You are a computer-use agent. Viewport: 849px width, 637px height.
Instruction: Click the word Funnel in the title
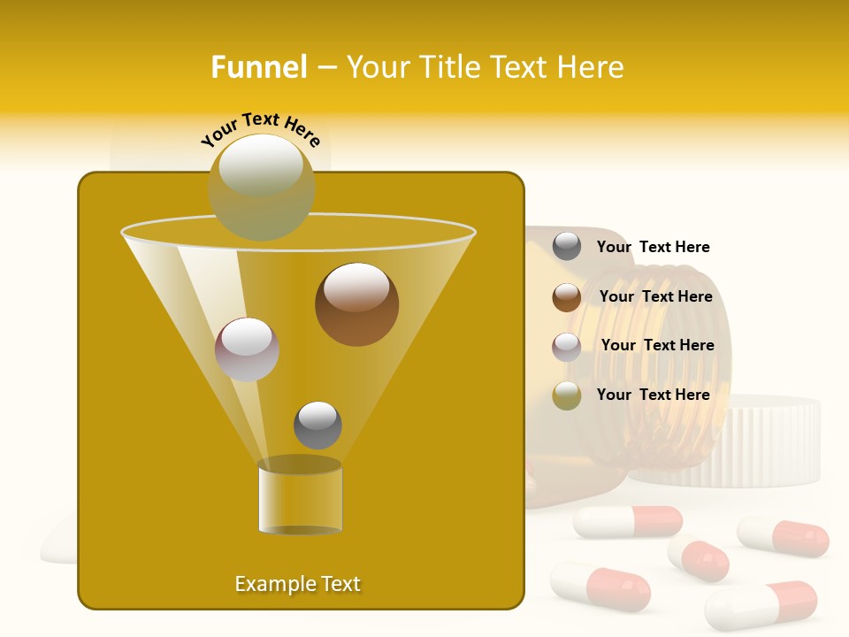[258, 67]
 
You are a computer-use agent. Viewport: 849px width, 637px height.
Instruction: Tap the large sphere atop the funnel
[261, 187]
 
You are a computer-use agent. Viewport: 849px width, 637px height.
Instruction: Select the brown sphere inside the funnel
[356, 304]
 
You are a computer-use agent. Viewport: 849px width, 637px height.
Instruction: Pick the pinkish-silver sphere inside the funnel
[247, 349]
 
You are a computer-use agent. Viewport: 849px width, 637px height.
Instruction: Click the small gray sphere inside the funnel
[317, 425]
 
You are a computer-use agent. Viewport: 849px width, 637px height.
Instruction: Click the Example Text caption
[297, 584]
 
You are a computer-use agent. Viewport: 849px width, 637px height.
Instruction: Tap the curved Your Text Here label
[260, 129]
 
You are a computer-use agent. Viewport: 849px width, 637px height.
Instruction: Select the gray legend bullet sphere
[567, 247]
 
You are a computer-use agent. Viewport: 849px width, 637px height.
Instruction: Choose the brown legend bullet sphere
[567, 297]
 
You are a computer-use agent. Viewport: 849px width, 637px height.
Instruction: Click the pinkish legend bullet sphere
[567, 346]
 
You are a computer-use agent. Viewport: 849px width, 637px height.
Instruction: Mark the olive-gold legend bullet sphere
[567, 395]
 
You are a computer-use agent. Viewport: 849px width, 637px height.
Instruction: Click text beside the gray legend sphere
[653, 247]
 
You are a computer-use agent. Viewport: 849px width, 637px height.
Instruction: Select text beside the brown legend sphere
[655, 296]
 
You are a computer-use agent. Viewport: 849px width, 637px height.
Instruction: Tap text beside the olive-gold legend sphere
[653, 395]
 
